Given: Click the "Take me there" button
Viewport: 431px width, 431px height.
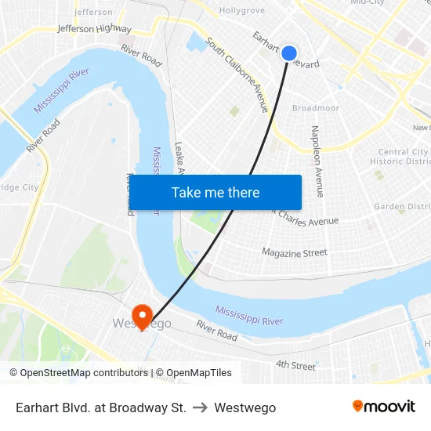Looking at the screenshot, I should click(215, 193).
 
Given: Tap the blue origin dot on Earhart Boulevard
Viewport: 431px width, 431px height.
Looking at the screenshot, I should click(289, 53).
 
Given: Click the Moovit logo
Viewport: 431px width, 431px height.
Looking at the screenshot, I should click(383, 407).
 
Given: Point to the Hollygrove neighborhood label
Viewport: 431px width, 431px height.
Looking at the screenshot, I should click(242, 11).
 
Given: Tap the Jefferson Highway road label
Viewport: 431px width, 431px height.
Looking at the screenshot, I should click(94, 29).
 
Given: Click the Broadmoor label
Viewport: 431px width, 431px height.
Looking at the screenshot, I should click(315, 108).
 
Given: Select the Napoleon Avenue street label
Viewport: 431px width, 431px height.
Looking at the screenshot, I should click(317, 161).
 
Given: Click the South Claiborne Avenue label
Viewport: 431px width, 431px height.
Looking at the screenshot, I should click(237, 74).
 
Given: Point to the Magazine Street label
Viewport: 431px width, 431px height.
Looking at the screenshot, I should click(295, 252).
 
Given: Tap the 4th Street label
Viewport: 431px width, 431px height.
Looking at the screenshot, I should click(295, 366).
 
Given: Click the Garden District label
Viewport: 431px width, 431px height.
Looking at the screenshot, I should click(401, 207).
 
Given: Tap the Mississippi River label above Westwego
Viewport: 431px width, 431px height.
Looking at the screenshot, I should click(249, 316).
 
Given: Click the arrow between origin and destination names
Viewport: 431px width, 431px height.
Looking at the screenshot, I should click(200, 407).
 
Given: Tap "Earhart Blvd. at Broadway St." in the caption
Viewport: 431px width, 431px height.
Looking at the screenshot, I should click(101, 407).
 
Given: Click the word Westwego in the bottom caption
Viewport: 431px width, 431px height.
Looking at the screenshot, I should click(244, 407).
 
